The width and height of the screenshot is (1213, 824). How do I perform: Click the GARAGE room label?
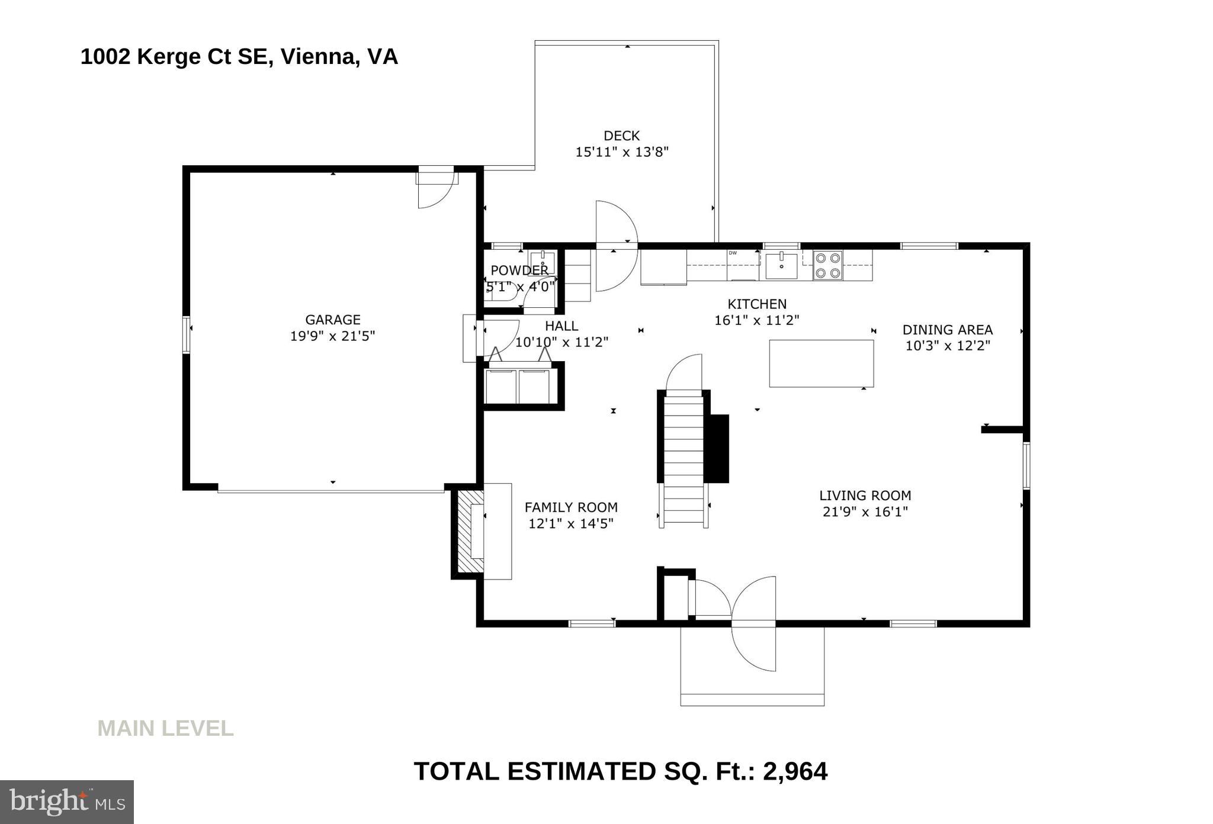[333, 320]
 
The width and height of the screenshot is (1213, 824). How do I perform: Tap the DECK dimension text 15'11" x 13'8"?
[622, 152]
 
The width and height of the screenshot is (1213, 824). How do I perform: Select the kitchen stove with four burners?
[827, 265]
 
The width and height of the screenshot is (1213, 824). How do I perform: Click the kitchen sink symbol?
[782, 265]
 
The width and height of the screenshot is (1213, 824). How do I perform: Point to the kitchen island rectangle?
[821, 363]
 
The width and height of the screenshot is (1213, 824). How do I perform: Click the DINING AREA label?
[948, 330]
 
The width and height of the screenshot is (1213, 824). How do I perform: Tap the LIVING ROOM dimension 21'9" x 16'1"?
[865, 511]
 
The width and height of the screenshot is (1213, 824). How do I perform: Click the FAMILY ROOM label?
[571, 507]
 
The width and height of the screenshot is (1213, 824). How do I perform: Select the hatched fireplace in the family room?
[468, 530]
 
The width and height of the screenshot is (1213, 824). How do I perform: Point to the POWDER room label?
[519, 271]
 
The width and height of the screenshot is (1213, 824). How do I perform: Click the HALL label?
[561, 326]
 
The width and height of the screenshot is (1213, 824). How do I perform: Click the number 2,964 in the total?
[795, 772]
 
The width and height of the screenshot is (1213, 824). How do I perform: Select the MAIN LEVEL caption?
[166, 728]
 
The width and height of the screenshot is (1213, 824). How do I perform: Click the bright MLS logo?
[67, 802]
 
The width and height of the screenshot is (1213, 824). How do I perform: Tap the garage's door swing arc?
[436, 190]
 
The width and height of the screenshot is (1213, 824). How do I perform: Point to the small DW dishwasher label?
[733, 253]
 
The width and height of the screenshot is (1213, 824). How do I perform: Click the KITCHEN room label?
[757, 304]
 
